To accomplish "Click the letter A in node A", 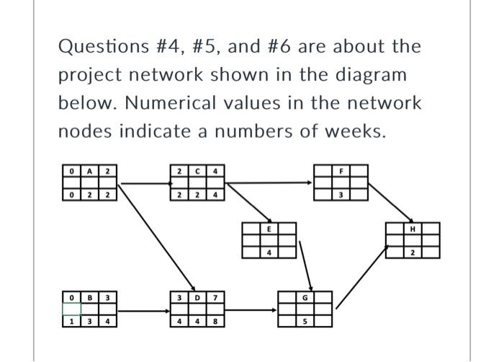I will [90, 171].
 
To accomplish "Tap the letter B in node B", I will [90, 297].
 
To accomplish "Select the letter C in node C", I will [198, 171].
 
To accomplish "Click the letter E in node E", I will [269, 228].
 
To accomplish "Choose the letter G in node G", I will [305, 297].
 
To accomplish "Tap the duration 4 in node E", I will [269, 252].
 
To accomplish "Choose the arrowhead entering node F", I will [311, 182].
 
